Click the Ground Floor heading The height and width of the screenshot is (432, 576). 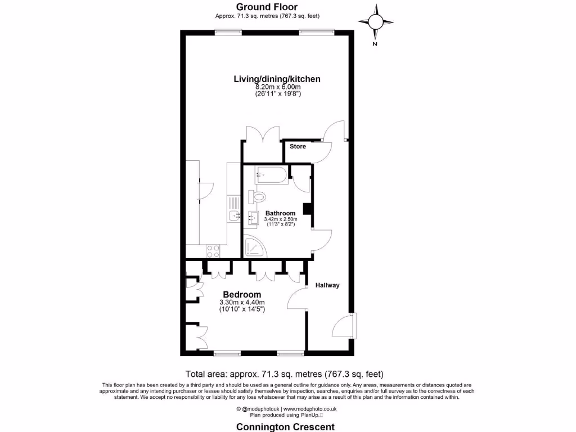point(267,7)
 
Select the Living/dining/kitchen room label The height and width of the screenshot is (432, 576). point(277,79)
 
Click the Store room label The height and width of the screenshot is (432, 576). point(298,146)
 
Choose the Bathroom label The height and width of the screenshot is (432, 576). point(280,213)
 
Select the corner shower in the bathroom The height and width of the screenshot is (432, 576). point(252,246)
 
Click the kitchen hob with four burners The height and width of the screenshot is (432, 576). point(213,251)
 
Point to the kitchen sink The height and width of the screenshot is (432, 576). point(234,215)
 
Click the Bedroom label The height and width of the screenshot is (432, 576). point(242,295)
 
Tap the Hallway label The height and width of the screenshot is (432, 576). point(327,285)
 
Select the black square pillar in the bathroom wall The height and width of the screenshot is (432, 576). point(308,209)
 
